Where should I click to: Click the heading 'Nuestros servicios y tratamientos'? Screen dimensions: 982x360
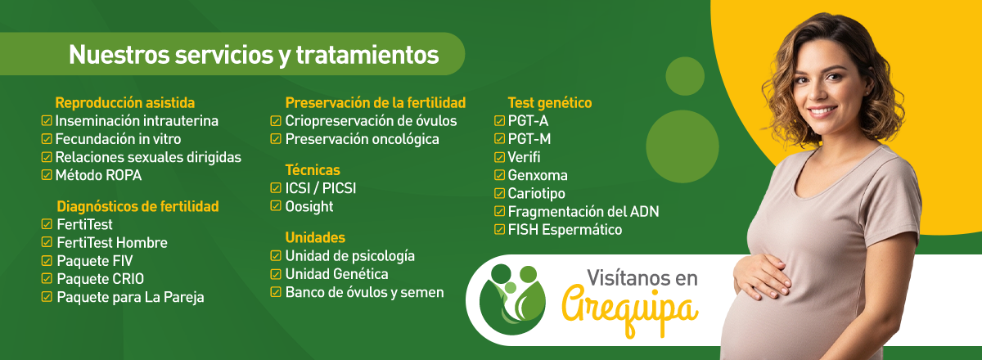(254, 56)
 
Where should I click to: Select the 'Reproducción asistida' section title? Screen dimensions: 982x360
(125, 102)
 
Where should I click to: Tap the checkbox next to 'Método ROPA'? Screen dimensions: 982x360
(47, 175)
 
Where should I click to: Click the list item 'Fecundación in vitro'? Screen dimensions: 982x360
(118, 139)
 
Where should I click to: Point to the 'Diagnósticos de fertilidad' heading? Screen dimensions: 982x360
(137, 206)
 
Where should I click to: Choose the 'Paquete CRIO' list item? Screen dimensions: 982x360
(101, 279)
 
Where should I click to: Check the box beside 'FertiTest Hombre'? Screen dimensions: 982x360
(47, 242)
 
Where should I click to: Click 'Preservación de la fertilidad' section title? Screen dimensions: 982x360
(376, 102)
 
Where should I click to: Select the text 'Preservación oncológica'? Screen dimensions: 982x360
(362, 139)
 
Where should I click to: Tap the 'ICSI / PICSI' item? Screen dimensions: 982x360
(321, 188)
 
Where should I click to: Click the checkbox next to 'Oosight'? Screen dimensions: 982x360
(275, 205)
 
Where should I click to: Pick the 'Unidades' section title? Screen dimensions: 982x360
(315, 237)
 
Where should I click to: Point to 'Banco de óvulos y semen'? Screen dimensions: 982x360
(364, 292)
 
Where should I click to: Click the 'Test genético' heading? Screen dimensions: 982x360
(550, 102)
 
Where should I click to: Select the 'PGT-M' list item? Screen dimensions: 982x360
(529, 139)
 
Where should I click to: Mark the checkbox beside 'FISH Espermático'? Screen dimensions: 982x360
(499, 229)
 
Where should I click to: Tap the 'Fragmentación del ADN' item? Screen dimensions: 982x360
(583, 212)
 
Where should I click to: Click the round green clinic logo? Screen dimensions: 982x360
(512, 299)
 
